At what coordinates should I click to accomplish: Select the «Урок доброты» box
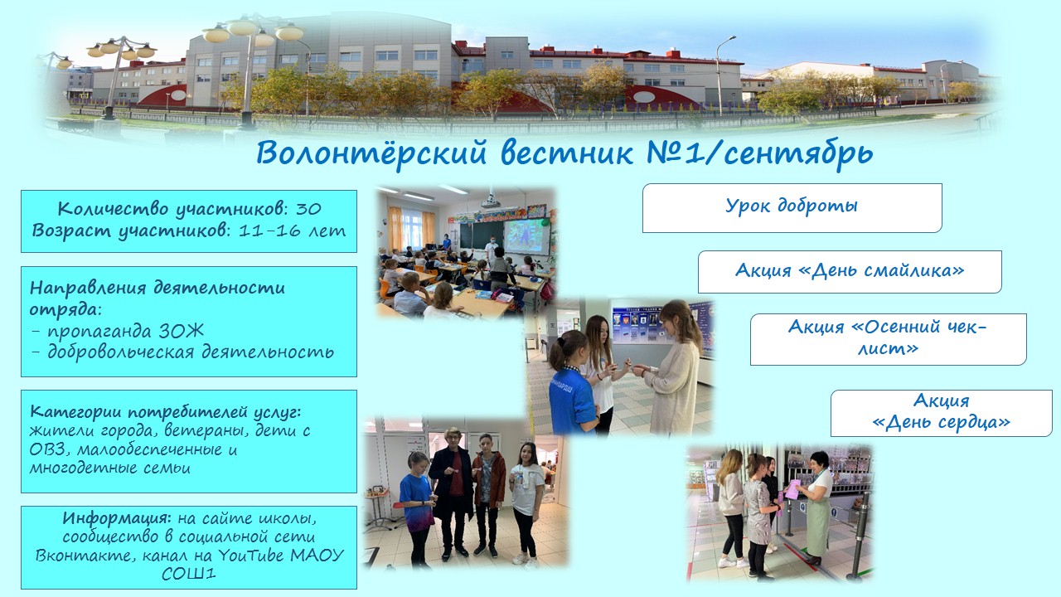[792, 206]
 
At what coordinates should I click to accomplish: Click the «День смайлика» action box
[849, 271]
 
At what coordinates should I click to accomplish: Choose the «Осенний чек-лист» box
[888, 338]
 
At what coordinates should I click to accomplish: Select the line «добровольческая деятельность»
[182, 352]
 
